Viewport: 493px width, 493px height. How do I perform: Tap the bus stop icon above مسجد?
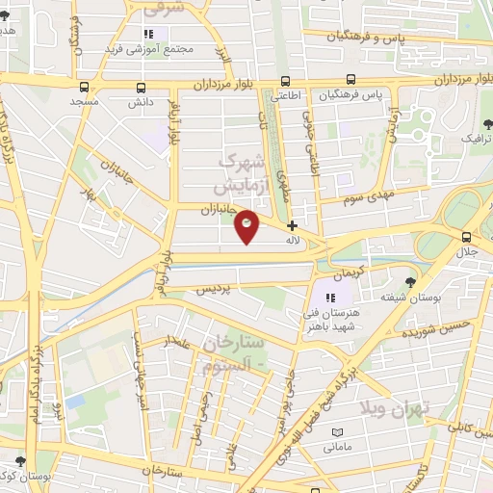tap(84, 86)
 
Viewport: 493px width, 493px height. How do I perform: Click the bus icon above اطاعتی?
tap(285, 82)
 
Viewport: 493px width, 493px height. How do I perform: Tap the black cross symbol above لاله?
tap(293, 225)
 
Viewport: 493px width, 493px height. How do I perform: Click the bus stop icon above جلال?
tap(466, 238)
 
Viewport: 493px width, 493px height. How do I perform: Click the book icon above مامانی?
tap(330, 431)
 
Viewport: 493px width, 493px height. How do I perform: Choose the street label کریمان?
tap(352, 270)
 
